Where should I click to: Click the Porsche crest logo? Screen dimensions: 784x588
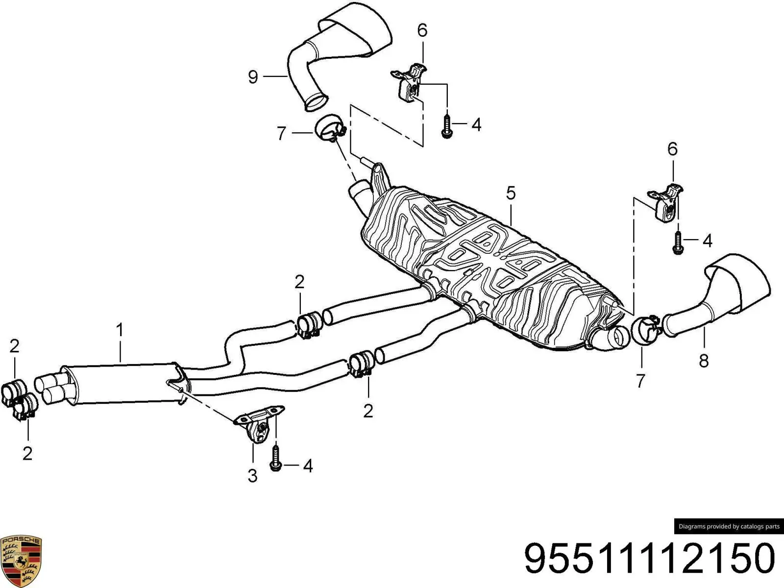pos(21,561)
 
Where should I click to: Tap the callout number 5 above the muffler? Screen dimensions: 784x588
pos(511,193)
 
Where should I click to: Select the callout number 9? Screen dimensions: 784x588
pos(253,77)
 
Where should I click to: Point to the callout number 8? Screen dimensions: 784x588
pos(704,361)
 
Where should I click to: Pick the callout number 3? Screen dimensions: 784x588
pos(252,476)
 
